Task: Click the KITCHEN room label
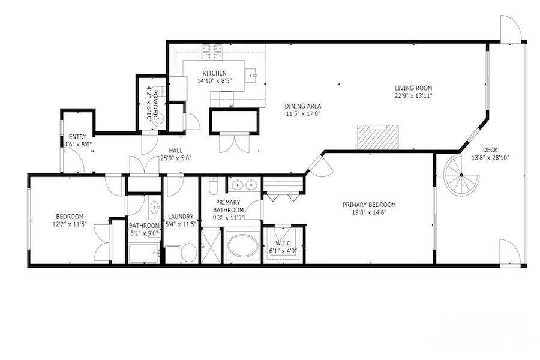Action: (215, 73)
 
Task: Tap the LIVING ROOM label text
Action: (413, 88)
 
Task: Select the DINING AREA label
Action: (303, 106)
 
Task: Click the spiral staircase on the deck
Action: (461, 175)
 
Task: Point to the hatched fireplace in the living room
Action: (377, 137)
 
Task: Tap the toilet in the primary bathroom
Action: (213, 186)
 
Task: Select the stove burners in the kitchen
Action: (212, 52)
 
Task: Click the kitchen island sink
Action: (251, 74)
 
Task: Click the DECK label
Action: (490, 150)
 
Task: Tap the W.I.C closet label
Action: (283, 243)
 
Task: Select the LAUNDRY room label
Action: (181, 217)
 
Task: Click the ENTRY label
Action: (77, 137)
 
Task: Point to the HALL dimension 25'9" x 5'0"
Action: (176, 158)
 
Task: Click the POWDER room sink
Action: (159, 119)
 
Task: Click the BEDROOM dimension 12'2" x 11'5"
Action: (70, 224)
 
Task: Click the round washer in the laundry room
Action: (189, 253)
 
